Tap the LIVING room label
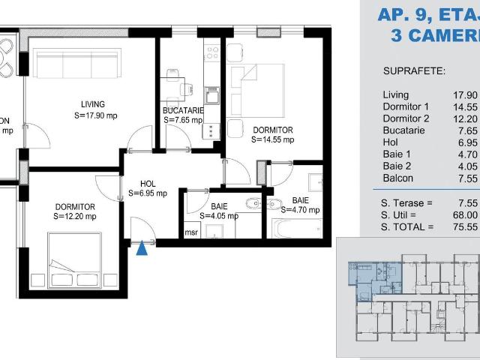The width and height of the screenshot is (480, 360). pos(94,104)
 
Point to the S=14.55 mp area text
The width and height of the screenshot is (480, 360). pos(272,139)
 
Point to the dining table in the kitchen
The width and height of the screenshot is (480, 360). pos(174,88)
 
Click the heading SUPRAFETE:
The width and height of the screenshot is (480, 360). pos(414,72)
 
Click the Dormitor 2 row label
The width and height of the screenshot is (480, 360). pos(406,118)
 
